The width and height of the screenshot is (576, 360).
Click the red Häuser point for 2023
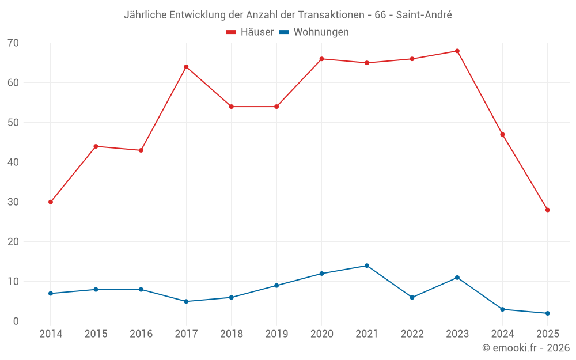tap(457, 51)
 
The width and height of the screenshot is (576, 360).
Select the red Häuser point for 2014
tap(51, 202)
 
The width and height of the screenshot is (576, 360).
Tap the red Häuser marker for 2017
tap(186, 67)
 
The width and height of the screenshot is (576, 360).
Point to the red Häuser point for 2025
tap(547, 210)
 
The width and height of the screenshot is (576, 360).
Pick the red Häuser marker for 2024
tap(502, 135)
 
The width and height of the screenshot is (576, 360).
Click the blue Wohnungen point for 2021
tap(367, 266)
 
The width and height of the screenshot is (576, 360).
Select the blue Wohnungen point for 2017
tap(186, 301)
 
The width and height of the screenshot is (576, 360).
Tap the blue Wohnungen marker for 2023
tap(457, 278)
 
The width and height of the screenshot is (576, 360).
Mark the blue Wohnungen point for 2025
tap(547, 313)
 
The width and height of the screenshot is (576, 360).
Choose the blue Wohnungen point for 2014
tap(51, 294)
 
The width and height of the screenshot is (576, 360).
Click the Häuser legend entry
tap(250, 32)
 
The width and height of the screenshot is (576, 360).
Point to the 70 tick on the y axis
tap(13, 43)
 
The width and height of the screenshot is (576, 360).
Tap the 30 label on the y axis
tap(13, 202)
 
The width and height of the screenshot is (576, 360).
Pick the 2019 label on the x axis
tap(276, 334)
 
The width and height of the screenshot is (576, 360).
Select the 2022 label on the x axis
tap(412, 334)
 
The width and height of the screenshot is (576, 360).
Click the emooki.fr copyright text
tap(526, 348)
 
